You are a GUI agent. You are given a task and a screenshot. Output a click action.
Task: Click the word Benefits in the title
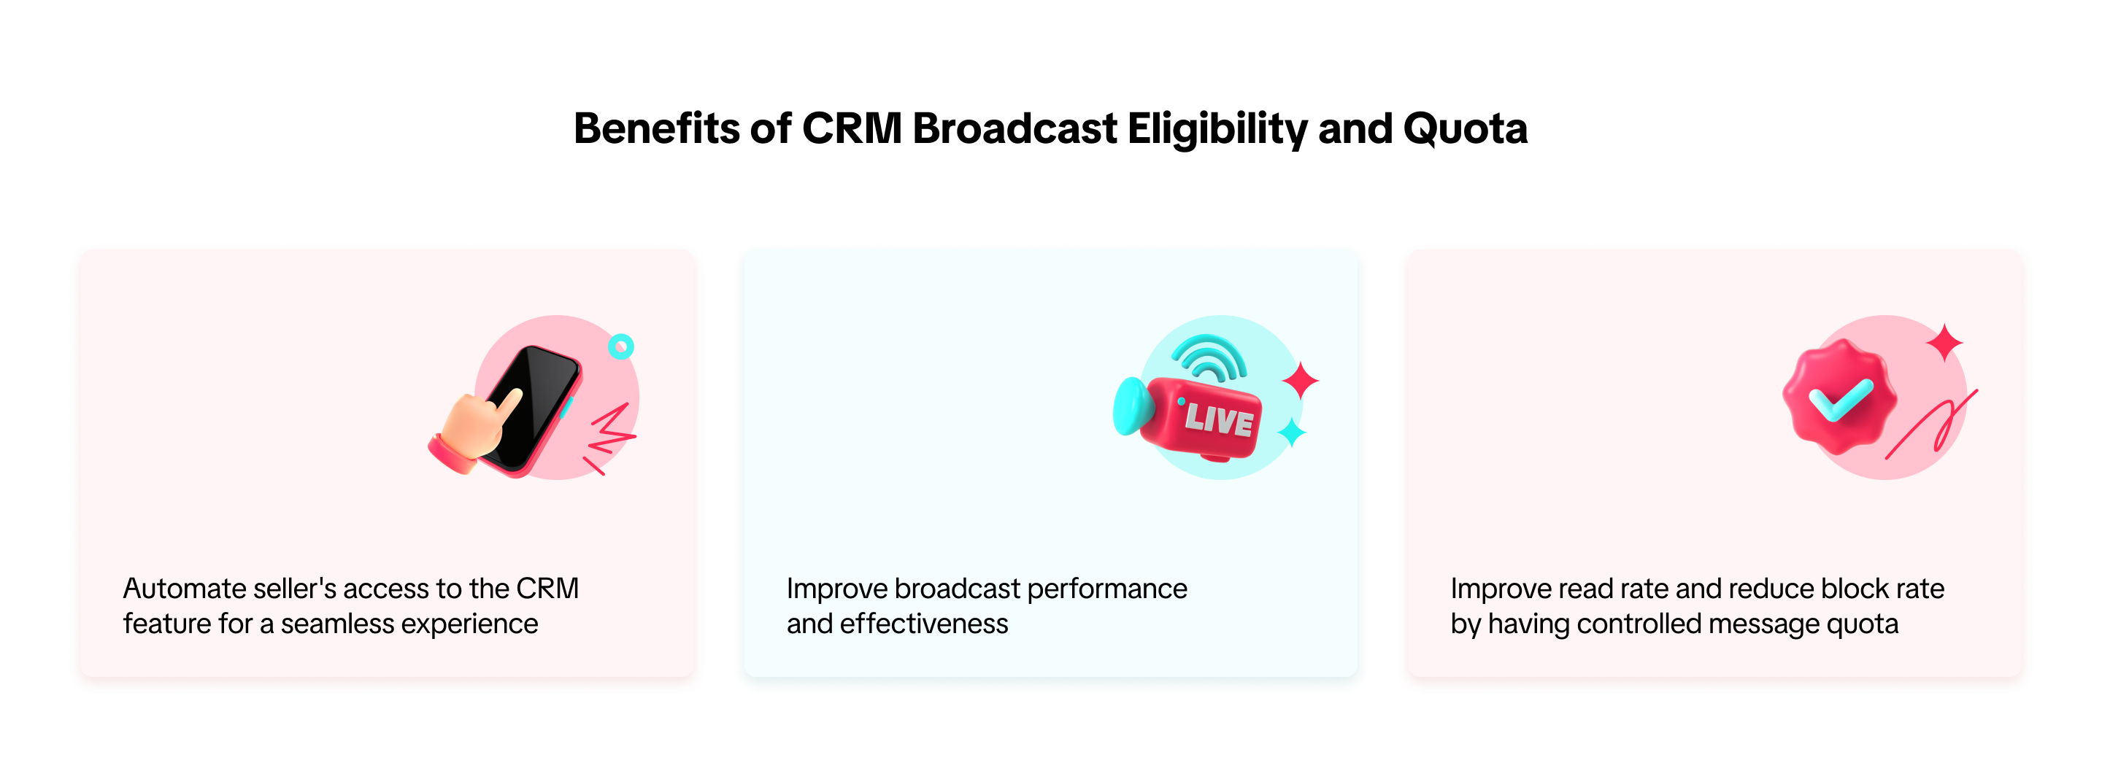coord(657,128)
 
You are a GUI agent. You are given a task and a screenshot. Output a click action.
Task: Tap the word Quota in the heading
coord(1465,130)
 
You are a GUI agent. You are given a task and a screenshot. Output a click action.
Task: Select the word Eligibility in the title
coord(1217,130)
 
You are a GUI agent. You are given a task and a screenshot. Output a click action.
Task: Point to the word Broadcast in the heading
coord(1015,128)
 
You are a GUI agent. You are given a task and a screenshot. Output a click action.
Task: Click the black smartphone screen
coord(534,404)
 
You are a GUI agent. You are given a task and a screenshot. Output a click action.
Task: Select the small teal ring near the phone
coord(621,346)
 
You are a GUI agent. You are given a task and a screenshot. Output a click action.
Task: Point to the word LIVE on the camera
coord(1219,419)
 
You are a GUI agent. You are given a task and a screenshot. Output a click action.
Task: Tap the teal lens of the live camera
coord(1133,406)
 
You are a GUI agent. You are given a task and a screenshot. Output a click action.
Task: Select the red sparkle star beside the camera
coord(1300,381)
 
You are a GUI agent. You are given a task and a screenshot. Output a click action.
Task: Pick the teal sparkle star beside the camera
coord(1292,433)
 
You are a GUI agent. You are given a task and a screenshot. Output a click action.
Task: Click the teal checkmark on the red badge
coord(1840,400)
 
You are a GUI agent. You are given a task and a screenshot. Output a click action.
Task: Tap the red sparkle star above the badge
coord(1944,343)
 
